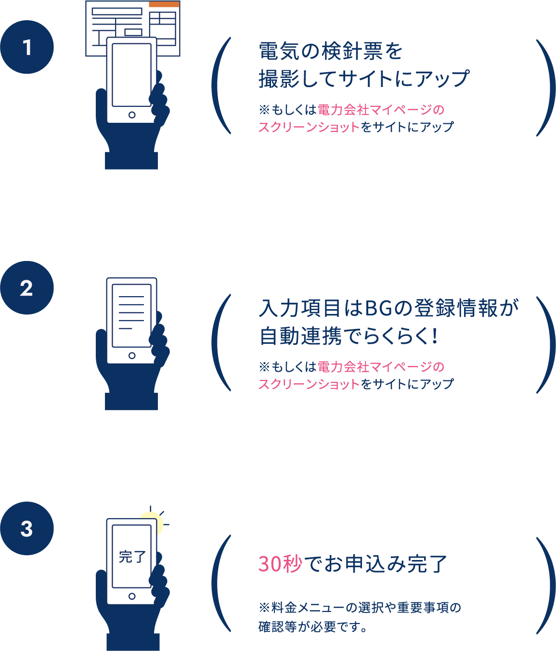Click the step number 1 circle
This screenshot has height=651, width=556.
27,47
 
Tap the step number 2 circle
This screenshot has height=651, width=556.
27,288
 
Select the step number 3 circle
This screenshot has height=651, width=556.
27,529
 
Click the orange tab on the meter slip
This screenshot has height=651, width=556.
164,4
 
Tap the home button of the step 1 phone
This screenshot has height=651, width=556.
132,115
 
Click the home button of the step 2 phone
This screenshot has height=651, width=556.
132,356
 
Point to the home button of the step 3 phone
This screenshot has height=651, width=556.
132,597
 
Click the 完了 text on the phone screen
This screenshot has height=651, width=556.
132,557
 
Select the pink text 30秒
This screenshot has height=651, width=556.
280,564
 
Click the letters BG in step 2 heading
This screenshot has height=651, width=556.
380,308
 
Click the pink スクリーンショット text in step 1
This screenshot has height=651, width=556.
309,127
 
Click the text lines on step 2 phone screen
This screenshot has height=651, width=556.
131,312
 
